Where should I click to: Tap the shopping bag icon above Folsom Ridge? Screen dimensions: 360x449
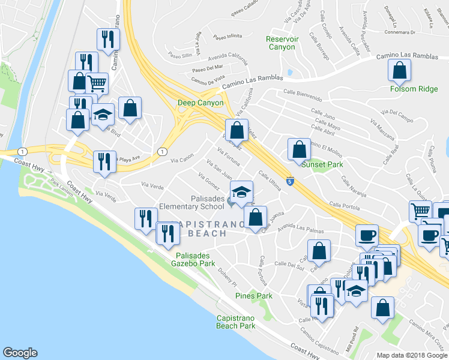(399, 72)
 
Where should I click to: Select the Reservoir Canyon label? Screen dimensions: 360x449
(281, 43)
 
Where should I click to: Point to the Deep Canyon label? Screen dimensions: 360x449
(200, 103)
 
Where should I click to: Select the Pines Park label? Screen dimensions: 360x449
(254, 296)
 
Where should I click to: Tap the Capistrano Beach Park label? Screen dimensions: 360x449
(235, 322)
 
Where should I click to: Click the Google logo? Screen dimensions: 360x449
(20, 353)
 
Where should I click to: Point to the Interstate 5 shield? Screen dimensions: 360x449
(290, 181)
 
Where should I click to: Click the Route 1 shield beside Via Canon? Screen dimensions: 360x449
(161, 152)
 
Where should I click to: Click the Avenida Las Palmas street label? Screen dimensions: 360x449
(300, 229)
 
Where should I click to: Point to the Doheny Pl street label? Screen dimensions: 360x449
(228, 277)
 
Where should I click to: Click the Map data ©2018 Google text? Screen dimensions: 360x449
(412, 355)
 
